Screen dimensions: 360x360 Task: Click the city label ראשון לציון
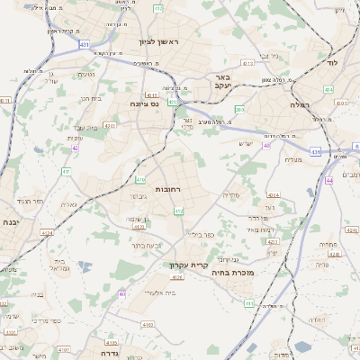pyautogui.click(x=160, y=42)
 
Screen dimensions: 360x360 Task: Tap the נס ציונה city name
pyautogui.click(x=144, y=103)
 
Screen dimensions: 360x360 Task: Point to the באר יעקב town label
pyautogui.click(x=222, y=83)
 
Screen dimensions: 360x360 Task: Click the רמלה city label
pyautogui.click(x=300, y=106)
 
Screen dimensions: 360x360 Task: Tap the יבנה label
pyautogui.click(x=11, y=221)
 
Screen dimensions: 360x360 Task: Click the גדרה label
pyautogui.click(x=107, y=343)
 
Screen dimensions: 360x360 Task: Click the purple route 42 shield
pyautogui.click(x=75, y=148)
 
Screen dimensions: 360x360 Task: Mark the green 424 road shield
pyautogui.click(x=328, y=90)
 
